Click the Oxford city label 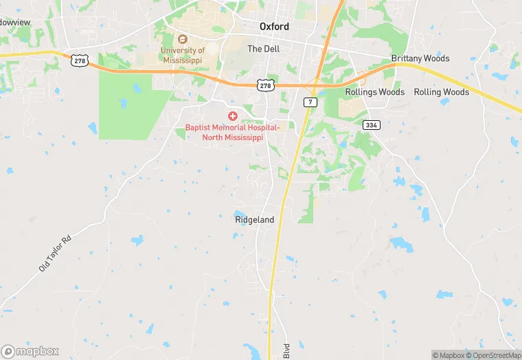pos(274,27)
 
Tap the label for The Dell pos(264,49)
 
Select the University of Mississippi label pos(183,55)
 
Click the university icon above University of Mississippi pos(183,38)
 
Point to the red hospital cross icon pos(234,117)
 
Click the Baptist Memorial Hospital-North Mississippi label pos(233,133)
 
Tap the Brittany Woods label pos(420,58)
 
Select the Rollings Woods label pos(374,92)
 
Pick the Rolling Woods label pos(441,92)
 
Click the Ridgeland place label pos(254,220)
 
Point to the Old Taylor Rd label pos(55,254)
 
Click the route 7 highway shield pos(310,102)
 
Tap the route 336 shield pos(372,124)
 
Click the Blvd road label pos(287,350)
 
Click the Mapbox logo pos(30,351)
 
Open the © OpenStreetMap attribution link pos(493,355)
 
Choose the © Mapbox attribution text pos(449,355)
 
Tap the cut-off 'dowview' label pos(15,23)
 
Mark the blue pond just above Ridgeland pos(239,214)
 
